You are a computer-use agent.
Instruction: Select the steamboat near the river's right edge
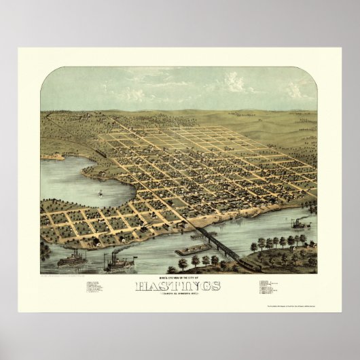300,222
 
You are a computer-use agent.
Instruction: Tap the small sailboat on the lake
101,193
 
